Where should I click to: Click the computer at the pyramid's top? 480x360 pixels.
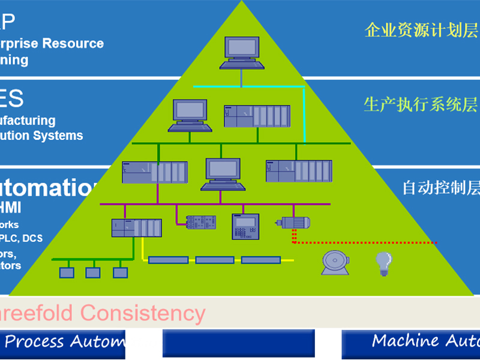tap(242, 52)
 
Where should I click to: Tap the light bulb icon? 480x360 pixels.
tap(383, 263)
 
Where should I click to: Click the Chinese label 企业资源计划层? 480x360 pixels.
tap(421, 30)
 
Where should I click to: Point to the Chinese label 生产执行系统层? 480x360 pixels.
tap(421, 104)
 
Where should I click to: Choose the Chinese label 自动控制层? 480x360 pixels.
tap(441, 188)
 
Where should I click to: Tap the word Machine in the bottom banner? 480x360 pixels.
tap(405, 341)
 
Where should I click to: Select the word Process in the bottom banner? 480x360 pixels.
tap(34, 342)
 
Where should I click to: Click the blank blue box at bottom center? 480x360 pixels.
tap(238, 343)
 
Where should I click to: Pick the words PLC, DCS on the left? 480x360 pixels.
tap(24, 238)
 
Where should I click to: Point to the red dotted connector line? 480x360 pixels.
tap(366, 242)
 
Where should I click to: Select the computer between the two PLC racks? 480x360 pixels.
tap(223, 173)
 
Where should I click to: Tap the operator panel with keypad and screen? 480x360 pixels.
tap(245, 226)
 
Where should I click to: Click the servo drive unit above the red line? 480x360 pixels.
tap(293, 223)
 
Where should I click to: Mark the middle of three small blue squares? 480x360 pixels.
tap(93, 272)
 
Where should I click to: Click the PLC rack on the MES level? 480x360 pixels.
tap(257, 116)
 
